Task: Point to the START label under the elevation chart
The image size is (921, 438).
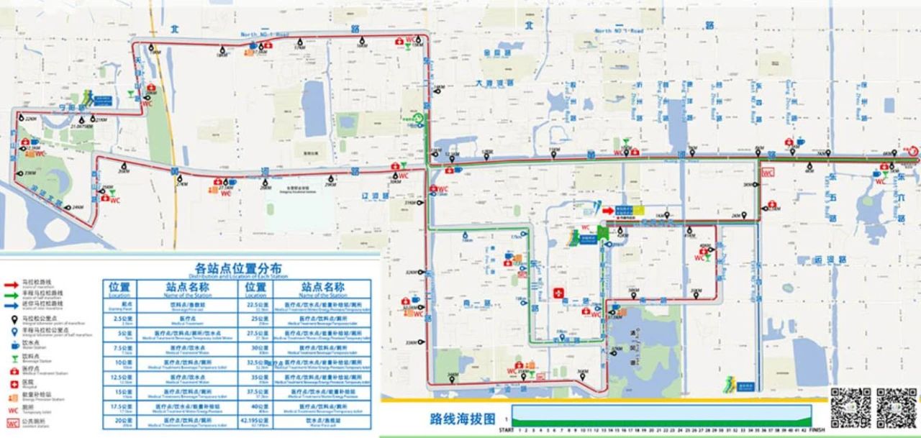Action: point(507,430)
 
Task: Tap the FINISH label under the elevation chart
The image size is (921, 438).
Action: point(817,430)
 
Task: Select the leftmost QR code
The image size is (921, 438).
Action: point(850,407)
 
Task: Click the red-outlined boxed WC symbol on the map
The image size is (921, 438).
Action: point(768,173)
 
